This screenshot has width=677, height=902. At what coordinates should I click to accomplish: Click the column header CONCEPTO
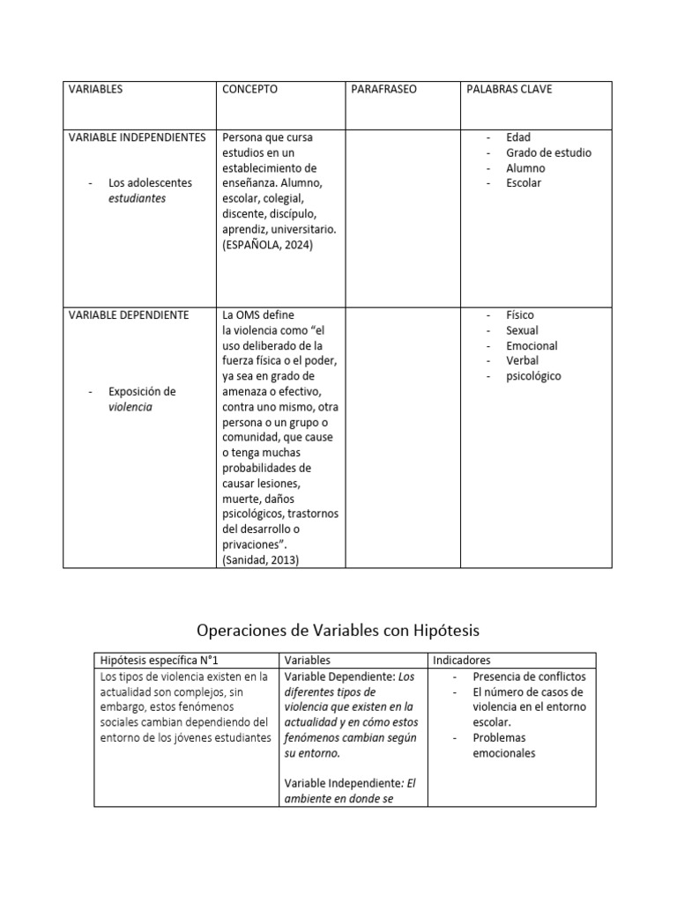click(249, 90)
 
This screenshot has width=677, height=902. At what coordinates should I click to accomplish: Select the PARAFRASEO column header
click(383, 90)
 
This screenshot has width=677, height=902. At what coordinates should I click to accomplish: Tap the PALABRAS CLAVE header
click(509, 90)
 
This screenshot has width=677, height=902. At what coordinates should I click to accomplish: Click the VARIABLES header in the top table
click(96, 90)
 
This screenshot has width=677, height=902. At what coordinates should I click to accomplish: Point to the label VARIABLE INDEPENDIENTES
click(137, 137)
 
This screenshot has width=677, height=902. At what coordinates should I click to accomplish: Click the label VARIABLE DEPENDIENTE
click(128, 315)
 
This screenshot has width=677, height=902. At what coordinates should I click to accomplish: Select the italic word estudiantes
click(137, 198)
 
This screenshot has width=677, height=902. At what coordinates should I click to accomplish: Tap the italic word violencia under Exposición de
click(130, 407)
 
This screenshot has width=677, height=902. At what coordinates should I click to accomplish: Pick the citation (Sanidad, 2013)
click(261, 558)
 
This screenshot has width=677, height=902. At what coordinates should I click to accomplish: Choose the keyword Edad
click(518, 137)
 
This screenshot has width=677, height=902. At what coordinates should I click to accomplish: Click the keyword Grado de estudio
click(548, 152)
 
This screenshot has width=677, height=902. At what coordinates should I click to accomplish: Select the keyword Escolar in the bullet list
click(524, 183)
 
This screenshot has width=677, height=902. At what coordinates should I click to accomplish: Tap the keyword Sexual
click(522, 330)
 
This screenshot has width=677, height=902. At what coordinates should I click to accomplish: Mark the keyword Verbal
click(522, 360)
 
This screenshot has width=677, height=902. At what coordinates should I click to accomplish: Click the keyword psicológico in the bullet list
click(533, 376)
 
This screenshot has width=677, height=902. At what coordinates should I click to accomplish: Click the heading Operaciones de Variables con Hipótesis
click(338, 630)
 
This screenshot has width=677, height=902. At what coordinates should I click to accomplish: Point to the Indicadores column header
click(462, 660)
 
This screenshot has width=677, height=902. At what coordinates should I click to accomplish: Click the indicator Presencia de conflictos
click(529, 676)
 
